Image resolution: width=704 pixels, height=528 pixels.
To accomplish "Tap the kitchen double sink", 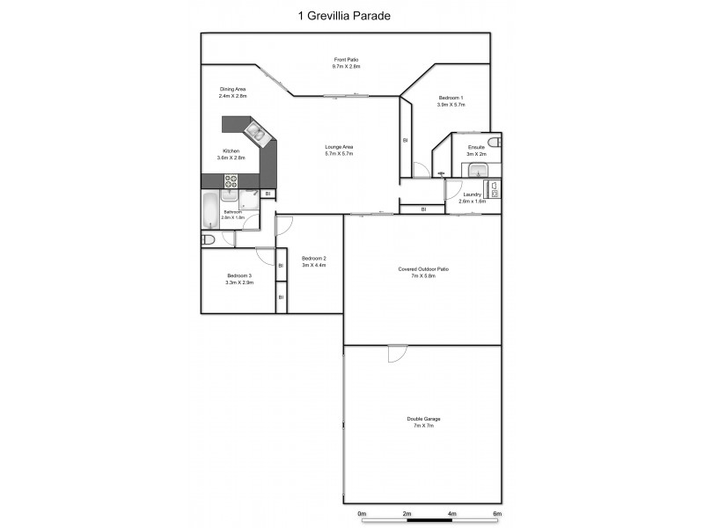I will pyautogui.click(x=257, y=135).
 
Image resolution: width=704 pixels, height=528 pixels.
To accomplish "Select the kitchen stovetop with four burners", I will pyautogui.click(x=231, y=180).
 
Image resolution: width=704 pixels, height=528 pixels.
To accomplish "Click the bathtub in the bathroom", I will pyautogui.click(x=209, y=210).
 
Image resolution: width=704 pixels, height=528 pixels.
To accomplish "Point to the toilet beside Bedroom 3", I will pyautogui.click(x=209, y=239).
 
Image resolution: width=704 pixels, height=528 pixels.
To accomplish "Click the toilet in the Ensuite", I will pyautogui.click(x=495, y=142).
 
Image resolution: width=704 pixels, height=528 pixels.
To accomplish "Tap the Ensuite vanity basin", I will pyautogui.click(x=477, y=171).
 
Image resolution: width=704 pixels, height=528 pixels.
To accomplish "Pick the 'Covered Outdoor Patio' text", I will pyautogui.click(x=422, y=272).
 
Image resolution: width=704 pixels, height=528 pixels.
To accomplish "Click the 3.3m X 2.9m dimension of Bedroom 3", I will pyautogui.click(x=238, y=282).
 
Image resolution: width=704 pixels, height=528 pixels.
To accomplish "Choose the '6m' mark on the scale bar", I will pyautogui.click(x=496, y=513).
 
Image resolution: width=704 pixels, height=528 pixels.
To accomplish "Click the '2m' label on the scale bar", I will pyautogui.click(x=407, y=513).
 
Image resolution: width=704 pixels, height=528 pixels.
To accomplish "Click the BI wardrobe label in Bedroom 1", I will pyautogui.click(x=405, y=139).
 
